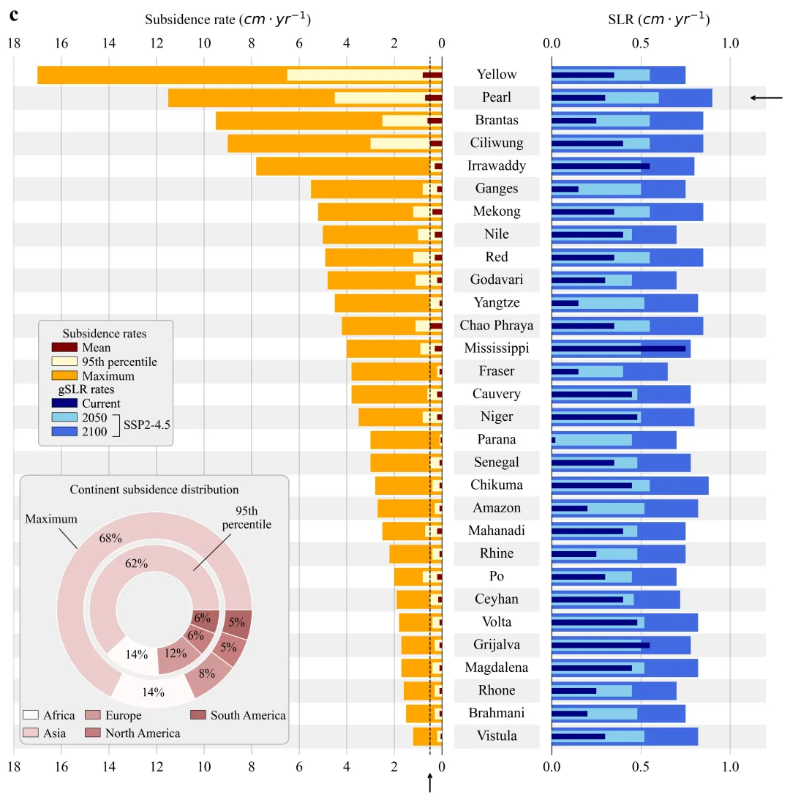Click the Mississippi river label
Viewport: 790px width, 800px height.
[x=496, y=348]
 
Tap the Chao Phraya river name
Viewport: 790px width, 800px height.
[x=496, y=326]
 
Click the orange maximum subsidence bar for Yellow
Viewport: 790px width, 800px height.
[x=161, y=75]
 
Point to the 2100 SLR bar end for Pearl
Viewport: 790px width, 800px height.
[x=710, y=97]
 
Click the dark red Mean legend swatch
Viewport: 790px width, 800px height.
[x=64, y=348]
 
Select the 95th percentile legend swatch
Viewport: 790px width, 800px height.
[x=64, y=362]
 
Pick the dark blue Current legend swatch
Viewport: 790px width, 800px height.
[x=64, y=403]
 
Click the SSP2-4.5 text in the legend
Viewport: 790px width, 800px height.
[x=147, y=424]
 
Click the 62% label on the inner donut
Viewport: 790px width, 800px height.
[x=137, y=564]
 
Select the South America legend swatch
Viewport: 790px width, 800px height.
[x=197, y=715]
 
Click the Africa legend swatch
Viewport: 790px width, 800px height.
[x=31, y=715]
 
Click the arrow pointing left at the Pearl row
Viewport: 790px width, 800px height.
[x=766, y=97]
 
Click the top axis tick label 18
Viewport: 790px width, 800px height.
[x=13, y=43]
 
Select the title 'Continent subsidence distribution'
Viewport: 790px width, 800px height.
[x=154, y=490]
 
